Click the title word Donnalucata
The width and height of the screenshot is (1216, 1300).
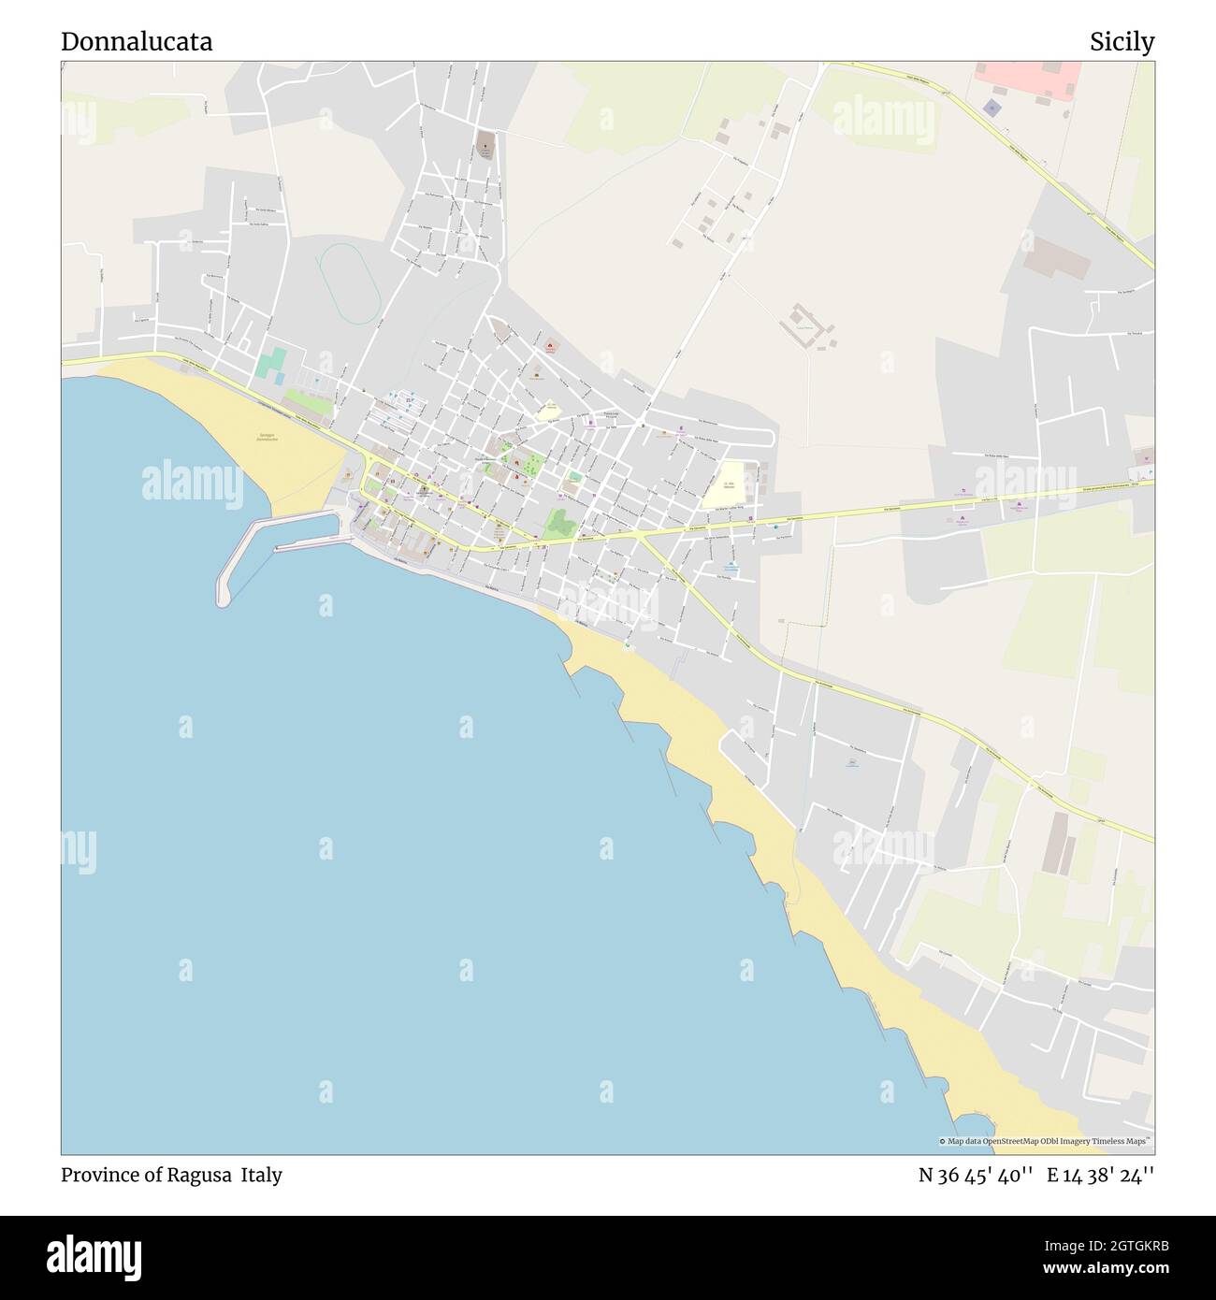tap(137, 42)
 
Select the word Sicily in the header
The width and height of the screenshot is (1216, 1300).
tap(1122, 42)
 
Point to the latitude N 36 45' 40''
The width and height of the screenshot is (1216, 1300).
tap(976, 1175)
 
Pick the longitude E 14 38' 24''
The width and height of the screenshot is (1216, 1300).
tap(1101, 1175)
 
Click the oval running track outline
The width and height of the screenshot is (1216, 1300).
tap(349, 282)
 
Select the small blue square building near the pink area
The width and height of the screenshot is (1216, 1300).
tap(992, 108)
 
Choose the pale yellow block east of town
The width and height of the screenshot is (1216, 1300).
tap(726, 484)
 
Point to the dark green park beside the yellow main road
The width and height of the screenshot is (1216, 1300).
tap(560, 525)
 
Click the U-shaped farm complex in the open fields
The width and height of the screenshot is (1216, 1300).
tap(806, 325)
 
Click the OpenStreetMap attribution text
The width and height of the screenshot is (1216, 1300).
tap(1046, 1141)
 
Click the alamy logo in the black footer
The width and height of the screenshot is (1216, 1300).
tap(94, 1256)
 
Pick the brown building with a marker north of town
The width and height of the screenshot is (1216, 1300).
tap(485, 145)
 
